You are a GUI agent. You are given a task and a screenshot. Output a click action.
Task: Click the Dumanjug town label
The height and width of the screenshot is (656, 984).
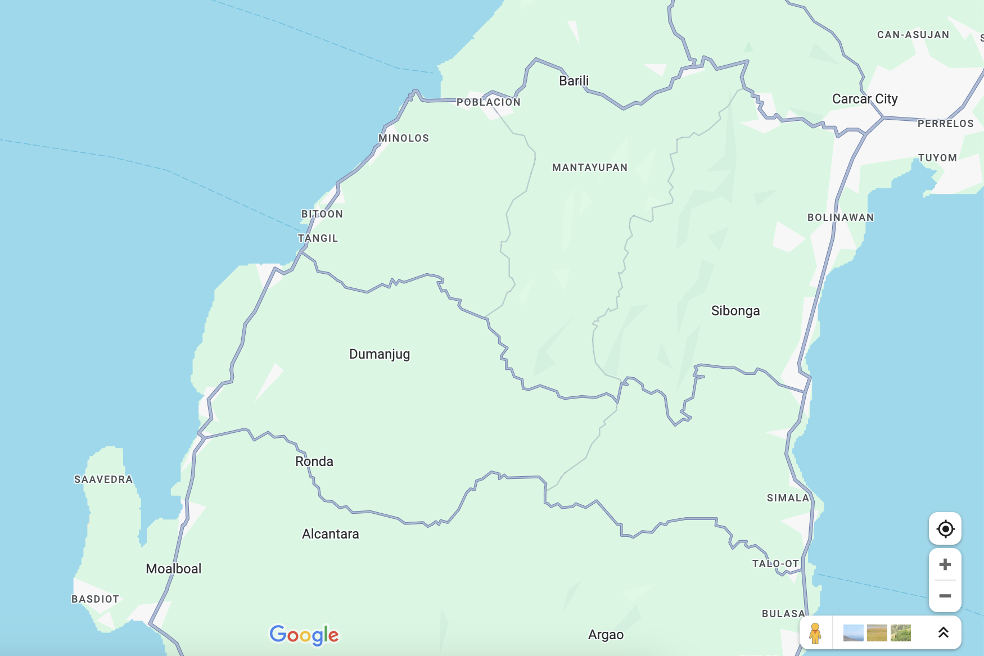point(380,354)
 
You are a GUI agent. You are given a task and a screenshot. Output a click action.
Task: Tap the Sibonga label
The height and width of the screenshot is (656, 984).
point(735,311)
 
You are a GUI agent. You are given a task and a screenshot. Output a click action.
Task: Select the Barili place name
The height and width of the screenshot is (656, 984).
point(574,81)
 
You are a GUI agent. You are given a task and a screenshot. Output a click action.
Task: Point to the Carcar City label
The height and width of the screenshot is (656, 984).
point(865,99)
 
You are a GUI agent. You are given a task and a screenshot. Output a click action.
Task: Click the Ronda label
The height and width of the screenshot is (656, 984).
point(314,462)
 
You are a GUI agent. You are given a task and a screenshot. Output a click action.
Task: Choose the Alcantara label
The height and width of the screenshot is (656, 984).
point(331,534)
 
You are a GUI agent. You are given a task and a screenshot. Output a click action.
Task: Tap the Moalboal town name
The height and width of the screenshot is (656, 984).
point(174,569)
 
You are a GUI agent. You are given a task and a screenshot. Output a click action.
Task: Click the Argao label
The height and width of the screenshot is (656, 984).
point(606,635)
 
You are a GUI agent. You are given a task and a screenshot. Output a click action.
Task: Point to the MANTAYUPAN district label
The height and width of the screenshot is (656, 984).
point(590,168)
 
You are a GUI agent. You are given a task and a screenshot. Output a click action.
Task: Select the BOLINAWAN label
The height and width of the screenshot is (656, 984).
point(841,218)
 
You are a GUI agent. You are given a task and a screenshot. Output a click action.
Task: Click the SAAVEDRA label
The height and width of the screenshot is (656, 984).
point(103,479)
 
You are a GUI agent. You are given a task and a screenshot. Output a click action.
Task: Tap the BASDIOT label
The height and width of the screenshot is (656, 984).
point(96,599)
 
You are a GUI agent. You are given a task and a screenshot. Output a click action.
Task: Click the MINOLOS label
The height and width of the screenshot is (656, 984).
point(404,138)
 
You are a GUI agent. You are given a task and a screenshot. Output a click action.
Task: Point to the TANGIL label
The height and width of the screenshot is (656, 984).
point(318,238)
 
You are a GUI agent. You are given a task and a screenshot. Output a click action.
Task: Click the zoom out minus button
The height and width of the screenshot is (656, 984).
point(945,596)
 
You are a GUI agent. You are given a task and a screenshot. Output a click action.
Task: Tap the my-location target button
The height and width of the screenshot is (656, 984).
point(945,529)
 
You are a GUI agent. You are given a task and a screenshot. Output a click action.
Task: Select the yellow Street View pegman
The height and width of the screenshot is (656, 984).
point(815,634)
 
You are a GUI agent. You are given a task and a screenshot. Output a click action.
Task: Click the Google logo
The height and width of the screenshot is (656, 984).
point(304,635)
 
